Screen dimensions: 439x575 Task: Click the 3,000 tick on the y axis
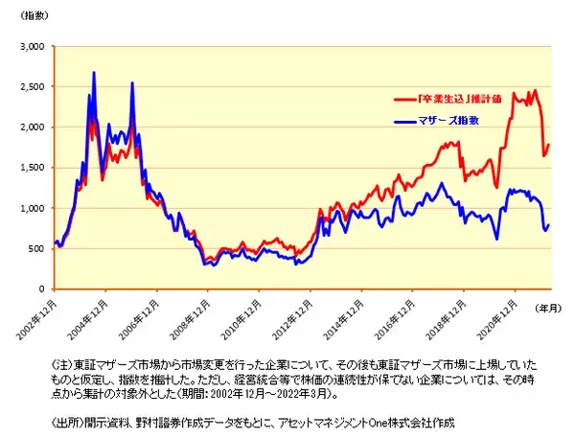pos(32,46)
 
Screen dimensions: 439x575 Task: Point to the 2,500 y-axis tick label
pos(32,86)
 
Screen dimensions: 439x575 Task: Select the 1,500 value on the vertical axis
pos(32,168)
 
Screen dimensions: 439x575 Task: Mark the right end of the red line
pos(550,145)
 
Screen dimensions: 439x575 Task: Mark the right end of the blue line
pos(550,224)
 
